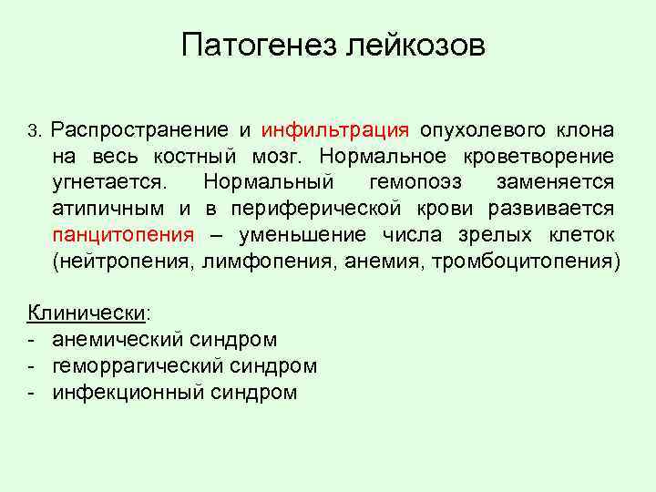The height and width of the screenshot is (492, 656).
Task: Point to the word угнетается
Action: coord(109,182)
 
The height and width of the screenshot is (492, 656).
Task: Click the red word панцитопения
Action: coord(123,235)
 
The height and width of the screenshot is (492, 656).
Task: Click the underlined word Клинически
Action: coord(87,313)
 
